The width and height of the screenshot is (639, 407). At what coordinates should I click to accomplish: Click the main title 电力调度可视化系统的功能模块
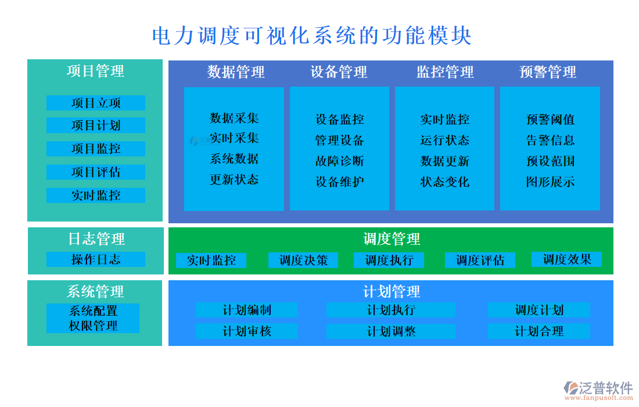pyautogui.click(x=311, y=36)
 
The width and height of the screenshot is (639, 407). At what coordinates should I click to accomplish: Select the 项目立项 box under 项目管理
pyautogui.click(x=96, y=103)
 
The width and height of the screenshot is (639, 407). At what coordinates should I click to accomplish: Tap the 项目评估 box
pyautogui.click(x=96, y=172)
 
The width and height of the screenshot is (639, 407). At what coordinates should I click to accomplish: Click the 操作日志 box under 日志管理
pyautogui.click(x=96, y=259)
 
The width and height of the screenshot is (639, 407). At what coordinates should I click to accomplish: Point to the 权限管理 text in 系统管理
pyautogui.click(x=93, y=326)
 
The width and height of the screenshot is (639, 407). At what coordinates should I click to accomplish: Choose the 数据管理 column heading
pyautogui.click(x=236, y=72)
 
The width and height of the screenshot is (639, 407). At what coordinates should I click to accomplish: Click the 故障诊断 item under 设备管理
pyautogui.click(x=340, y=161)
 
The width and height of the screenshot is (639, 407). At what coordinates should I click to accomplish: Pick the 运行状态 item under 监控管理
pyautogui.click(x=445, y=140)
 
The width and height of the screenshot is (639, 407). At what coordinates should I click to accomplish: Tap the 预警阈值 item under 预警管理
pyautogui.click(x=550, y=119)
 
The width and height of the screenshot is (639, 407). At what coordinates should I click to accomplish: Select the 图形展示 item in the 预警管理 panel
pyautogui.click(x=550, y=182)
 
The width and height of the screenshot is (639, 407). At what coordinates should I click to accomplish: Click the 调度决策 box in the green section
pyautogui.click(x=303, y=260)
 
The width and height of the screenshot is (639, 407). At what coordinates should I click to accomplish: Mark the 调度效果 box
pyautogui.click(x=567, y=259)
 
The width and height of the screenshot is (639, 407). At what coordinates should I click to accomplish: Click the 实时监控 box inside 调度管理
pyautogui.click(x=211, y=260)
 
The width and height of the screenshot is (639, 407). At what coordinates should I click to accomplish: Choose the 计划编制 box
pyautogui.click(x=247, y=310)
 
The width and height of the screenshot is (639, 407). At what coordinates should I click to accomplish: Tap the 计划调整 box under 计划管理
pyautogui.click(x=391, y=331)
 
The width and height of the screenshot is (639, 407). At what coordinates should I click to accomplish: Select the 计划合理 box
pyautogui.click(x=539, y=331)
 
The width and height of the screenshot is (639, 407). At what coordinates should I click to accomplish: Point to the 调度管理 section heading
pyautogui.click(x=391, y=239)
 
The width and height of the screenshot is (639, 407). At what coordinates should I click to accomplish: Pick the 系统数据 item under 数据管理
pyautogui.click(x=234, y=159)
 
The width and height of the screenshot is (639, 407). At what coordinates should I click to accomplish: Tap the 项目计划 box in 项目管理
pyautogui.click(x=96, y=126)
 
